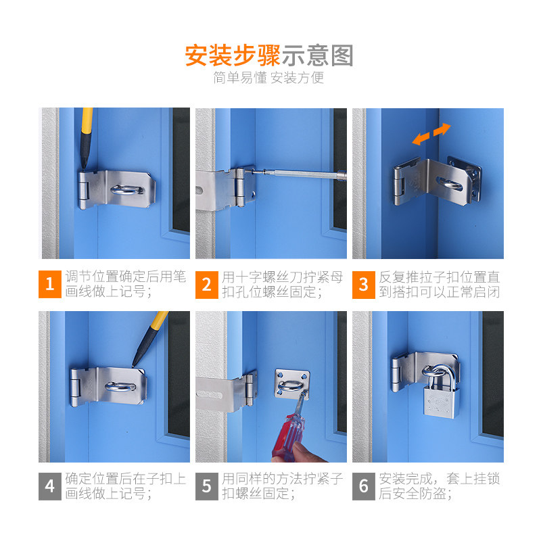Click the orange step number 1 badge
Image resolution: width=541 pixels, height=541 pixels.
(49, 284)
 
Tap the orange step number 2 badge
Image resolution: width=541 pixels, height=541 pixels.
(207, 285)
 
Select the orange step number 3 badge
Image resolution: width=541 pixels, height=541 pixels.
(364, 285)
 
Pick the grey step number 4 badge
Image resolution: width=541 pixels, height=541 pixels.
(49, 486)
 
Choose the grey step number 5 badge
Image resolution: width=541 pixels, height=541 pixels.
(207, 486)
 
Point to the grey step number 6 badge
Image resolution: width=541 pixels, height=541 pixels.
(364, 486)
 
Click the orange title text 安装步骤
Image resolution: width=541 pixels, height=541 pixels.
(233, 55)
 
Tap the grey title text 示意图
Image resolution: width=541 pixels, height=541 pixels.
(317, 55)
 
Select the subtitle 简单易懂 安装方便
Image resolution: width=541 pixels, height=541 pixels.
(268, 78)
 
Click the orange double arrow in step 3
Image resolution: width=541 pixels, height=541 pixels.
(431, 134)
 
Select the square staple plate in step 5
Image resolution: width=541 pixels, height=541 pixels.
(292, 384)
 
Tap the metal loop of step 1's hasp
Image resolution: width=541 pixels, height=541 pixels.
(127, 189)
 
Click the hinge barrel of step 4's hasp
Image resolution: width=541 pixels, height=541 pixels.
(75, 387)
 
